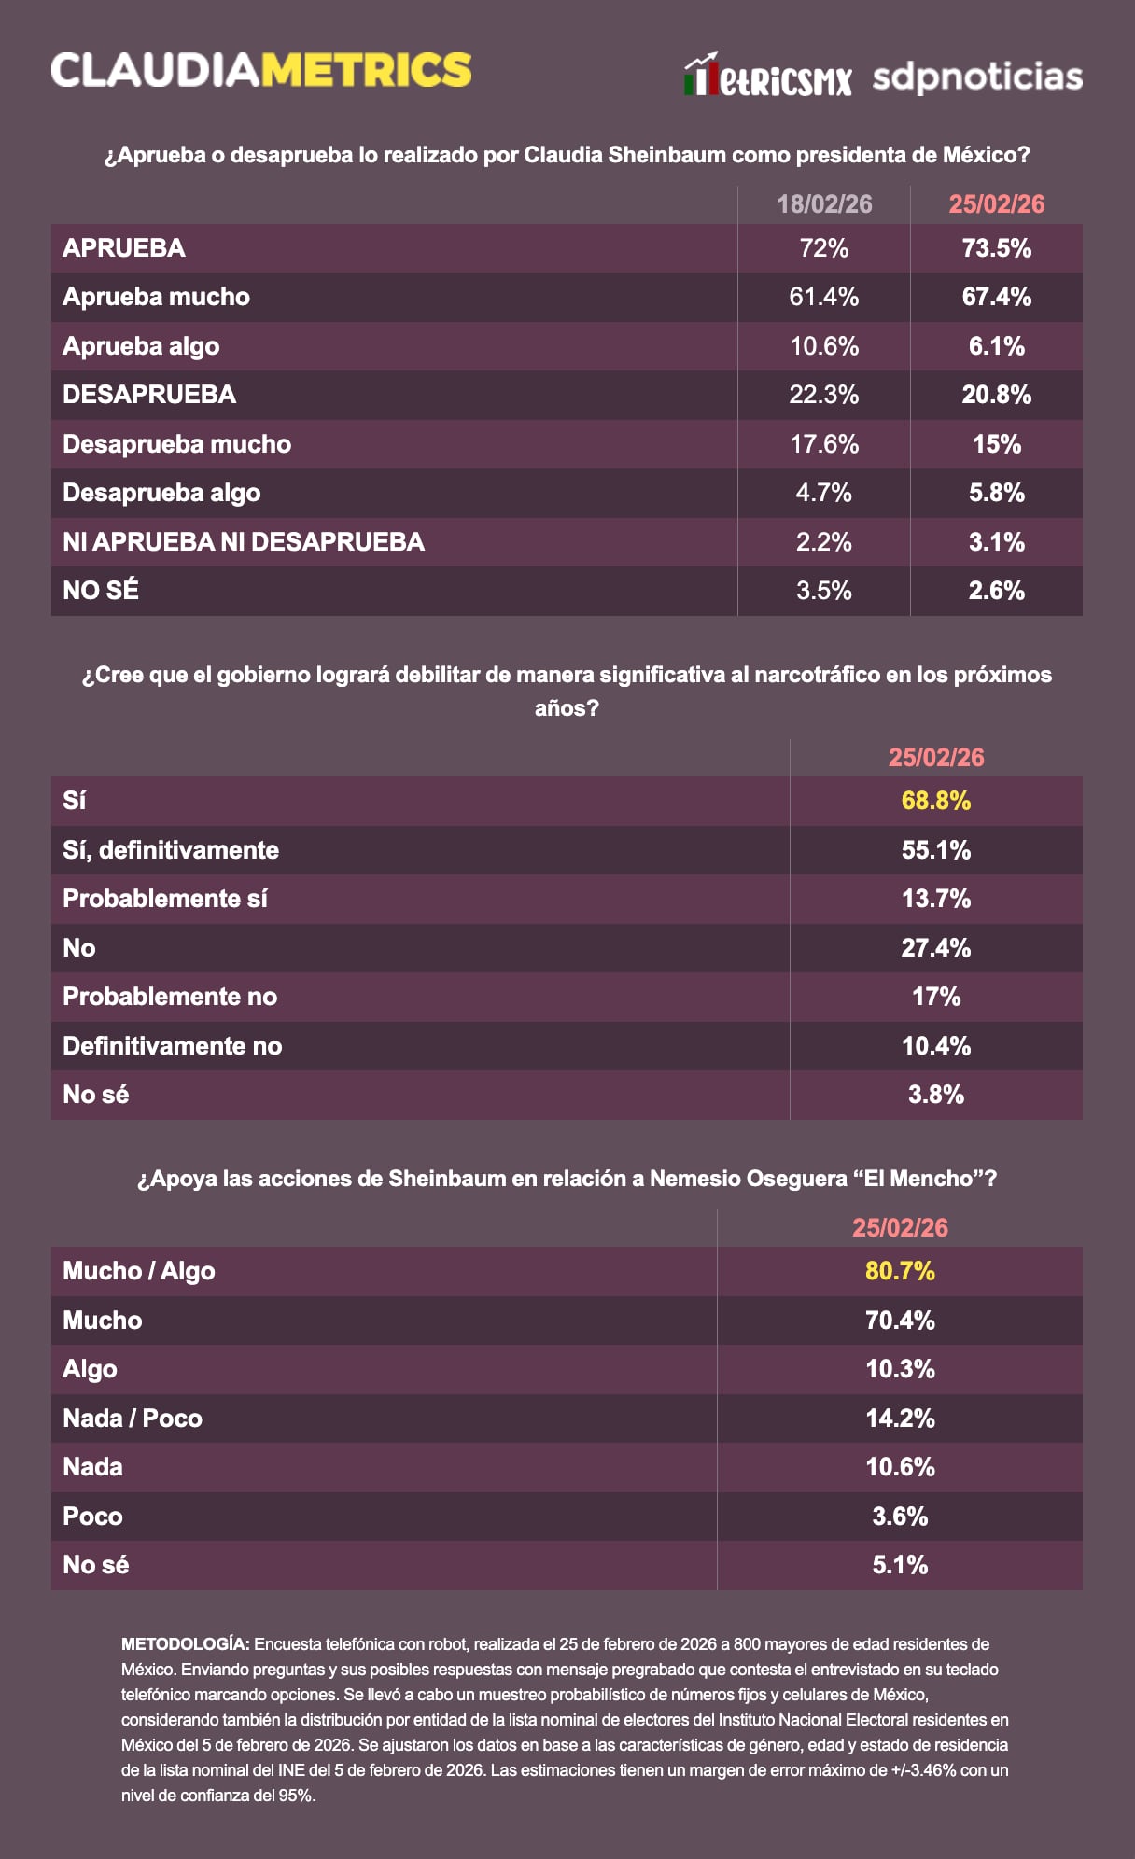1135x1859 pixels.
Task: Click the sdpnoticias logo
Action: (977, 77)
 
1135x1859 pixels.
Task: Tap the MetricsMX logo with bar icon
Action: (767, 77)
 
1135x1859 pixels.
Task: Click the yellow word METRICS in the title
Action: (366, 71)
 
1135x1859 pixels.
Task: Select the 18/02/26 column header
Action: (824, 204)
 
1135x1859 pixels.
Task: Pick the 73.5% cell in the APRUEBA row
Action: (996, 248)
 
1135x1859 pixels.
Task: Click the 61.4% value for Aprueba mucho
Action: (824, 297)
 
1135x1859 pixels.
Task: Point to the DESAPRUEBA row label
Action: (149, 395)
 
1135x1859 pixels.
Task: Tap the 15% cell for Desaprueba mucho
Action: (996, 444)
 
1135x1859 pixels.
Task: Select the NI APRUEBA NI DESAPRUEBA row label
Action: (244, 542)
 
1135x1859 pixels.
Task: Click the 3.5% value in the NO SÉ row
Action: (824, 591)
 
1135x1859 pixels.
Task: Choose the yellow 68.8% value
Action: (935, 801)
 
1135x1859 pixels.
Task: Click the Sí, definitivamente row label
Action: (171, 850)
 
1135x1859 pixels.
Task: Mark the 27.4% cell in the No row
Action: (935, 948)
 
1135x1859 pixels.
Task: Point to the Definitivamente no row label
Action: (173, 1046)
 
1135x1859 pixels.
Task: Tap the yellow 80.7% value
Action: (900, 1271)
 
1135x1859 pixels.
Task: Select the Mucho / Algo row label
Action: (139, 1271)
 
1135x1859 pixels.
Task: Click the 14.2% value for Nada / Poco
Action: (900, 1419)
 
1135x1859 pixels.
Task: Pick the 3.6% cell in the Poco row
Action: (900, 1517)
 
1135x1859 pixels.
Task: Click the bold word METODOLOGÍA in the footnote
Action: (185, 1643)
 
